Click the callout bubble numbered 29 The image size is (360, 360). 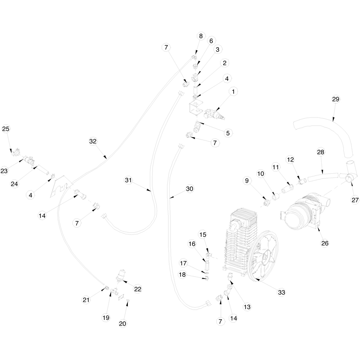(335, 99)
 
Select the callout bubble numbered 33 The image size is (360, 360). (281, 292)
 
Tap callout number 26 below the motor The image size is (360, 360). (324, 243)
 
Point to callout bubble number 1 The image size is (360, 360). (233, 92)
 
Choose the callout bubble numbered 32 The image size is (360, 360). (93, 141)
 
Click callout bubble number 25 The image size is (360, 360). (6, 129)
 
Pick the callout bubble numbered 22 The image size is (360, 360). (138, 289)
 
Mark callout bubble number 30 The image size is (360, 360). (189, 189)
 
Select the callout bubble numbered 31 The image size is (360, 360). (128, 180)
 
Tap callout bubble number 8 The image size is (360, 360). (201, 36)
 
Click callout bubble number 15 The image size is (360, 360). (202, 234)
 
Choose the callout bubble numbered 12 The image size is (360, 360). (290, 160)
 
